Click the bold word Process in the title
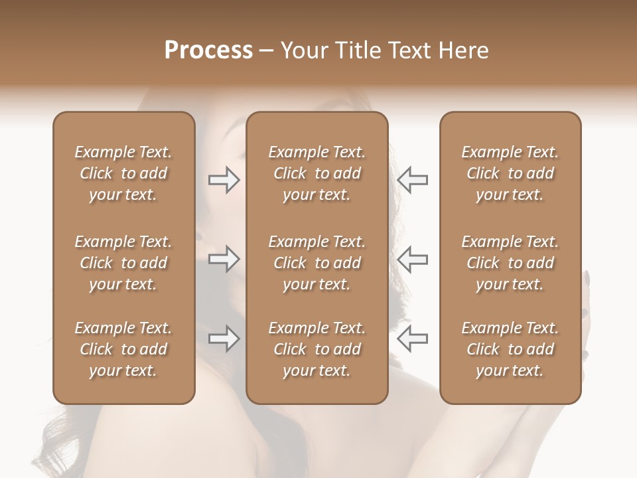[208, 50]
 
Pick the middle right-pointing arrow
[224, 259]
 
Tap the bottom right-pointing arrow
[224, 339]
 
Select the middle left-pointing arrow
[413, 259]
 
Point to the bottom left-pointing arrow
[413, 339]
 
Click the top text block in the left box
[123, 173]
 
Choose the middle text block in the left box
[123, 263]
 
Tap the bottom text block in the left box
[123, 349]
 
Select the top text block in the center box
[317, 173]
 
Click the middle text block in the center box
[317, 263]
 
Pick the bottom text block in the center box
[317, 349]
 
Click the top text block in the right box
[510, 173]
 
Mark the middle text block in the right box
[510, 263]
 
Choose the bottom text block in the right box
[510, 349]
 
